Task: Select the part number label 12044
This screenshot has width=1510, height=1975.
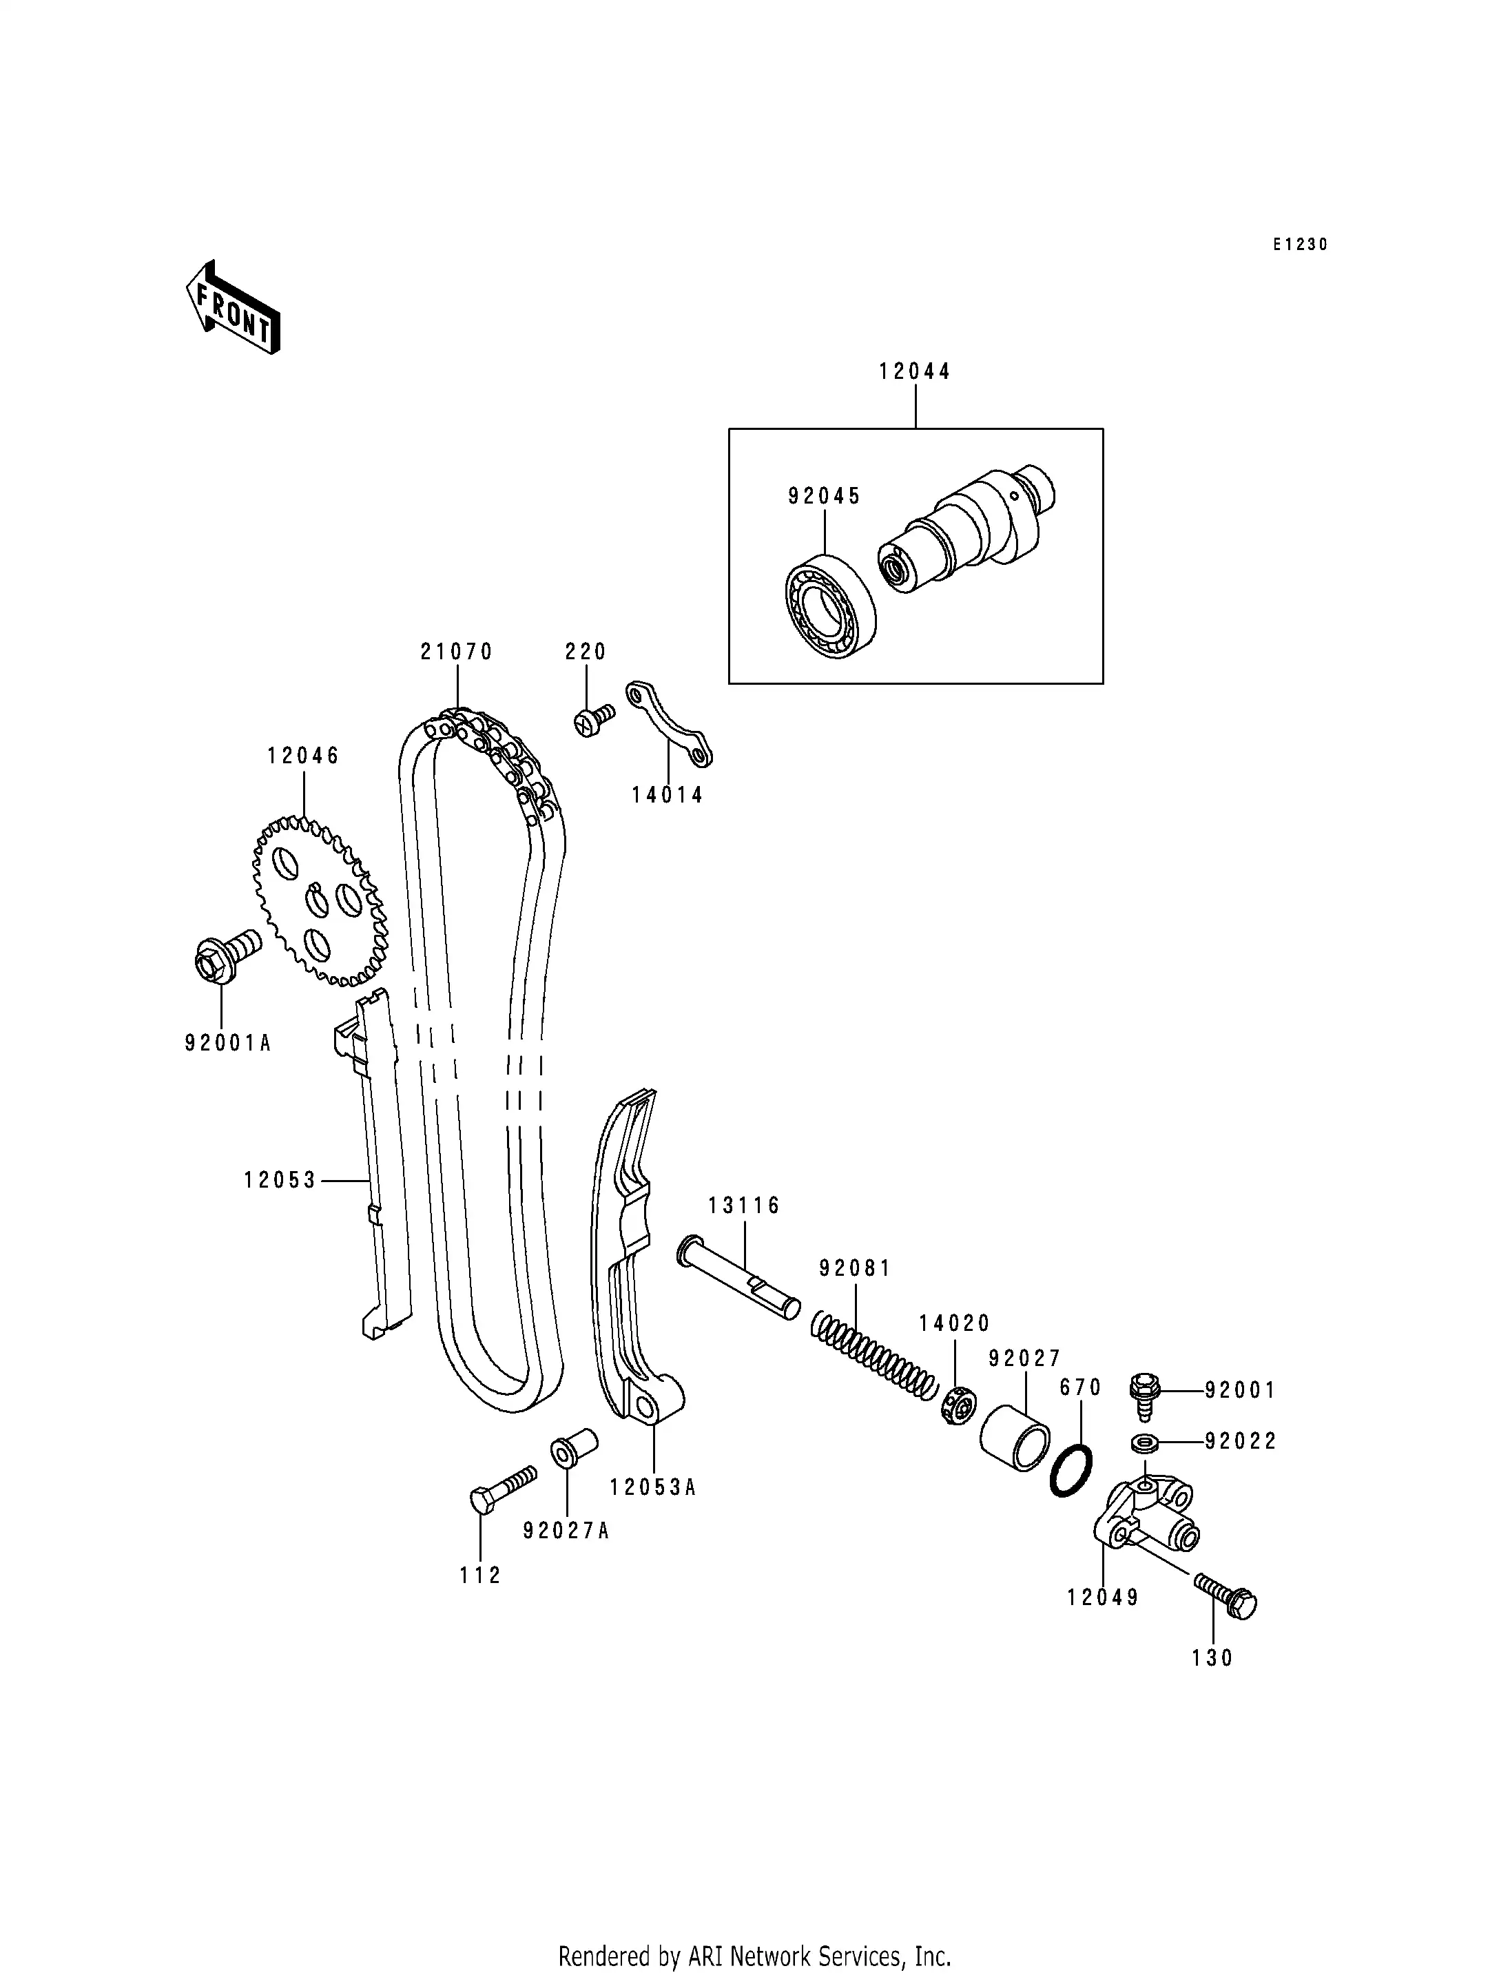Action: tap(914, 371)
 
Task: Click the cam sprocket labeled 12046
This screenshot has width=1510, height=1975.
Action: tap(320, 900)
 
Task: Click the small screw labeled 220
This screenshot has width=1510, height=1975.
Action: tap(592, 720)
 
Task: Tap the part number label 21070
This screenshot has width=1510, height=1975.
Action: tap(457, 652)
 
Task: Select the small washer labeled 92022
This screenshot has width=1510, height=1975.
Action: tap(1144, 1443)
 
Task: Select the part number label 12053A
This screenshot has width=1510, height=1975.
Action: tap(652, 1488)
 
